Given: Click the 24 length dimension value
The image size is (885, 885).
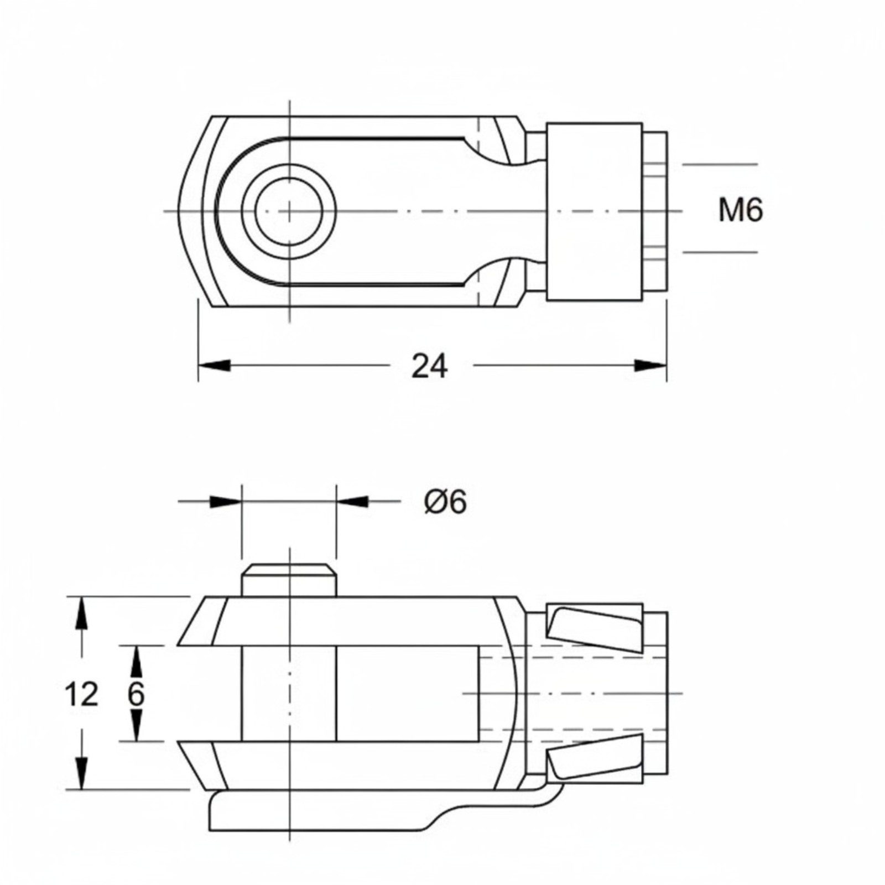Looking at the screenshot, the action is point(430,366).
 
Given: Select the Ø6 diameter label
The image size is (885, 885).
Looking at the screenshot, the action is point(446,502).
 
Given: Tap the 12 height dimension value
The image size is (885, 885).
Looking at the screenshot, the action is point(81,694).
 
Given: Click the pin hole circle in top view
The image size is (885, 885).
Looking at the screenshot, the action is point(289,211).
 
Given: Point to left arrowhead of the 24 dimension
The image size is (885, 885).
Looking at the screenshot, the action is point(214,366).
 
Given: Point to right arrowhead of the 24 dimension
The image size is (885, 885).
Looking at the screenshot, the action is point(650,366).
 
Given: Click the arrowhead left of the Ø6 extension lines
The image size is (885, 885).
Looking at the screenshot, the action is point(226,502).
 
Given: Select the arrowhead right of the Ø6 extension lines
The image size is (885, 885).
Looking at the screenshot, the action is point(352,502).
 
